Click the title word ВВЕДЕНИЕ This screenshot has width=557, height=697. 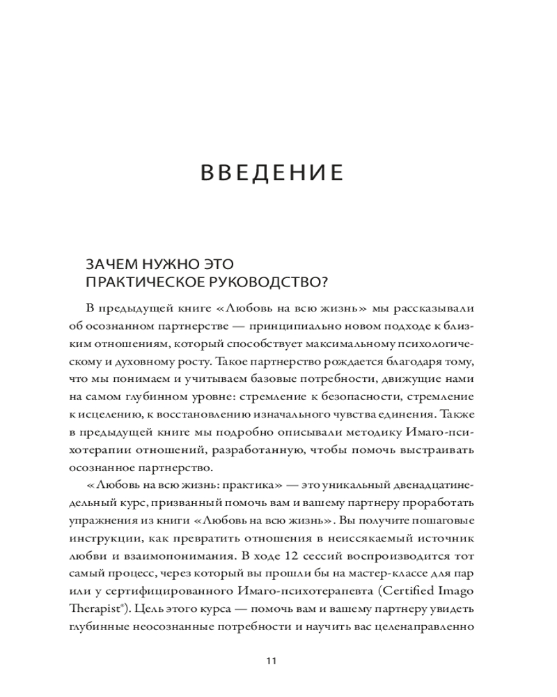[x=272, y=173]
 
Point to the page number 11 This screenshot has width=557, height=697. [x=272, y=661]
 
